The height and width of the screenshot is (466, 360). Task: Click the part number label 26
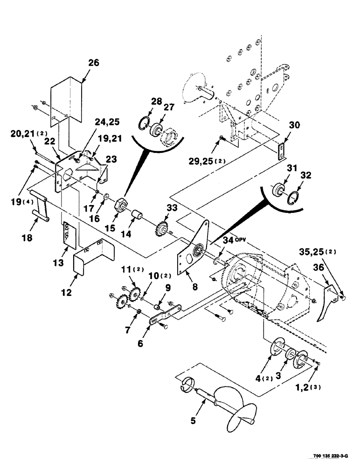[x=94, y=63]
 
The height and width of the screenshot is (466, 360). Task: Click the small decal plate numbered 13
[x=69, y=233]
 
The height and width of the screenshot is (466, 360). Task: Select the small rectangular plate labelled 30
[x=281, y=151]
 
